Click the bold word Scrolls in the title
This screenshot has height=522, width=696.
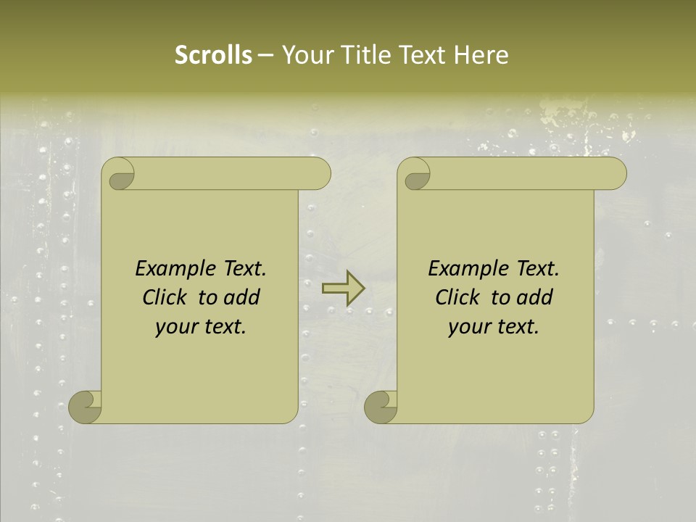coord(213,55)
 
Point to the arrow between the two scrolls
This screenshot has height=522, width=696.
coord(343,289)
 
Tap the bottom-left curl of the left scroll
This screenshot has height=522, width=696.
coord(85,407)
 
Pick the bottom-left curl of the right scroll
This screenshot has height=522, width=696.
coord(381,407)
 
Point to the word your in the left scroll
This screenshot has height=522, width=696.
coord(175,327)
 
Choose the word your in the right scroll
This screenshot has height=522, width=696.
coord(468,327)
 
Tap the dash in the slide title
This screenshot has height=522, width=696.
coord(265,55)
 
